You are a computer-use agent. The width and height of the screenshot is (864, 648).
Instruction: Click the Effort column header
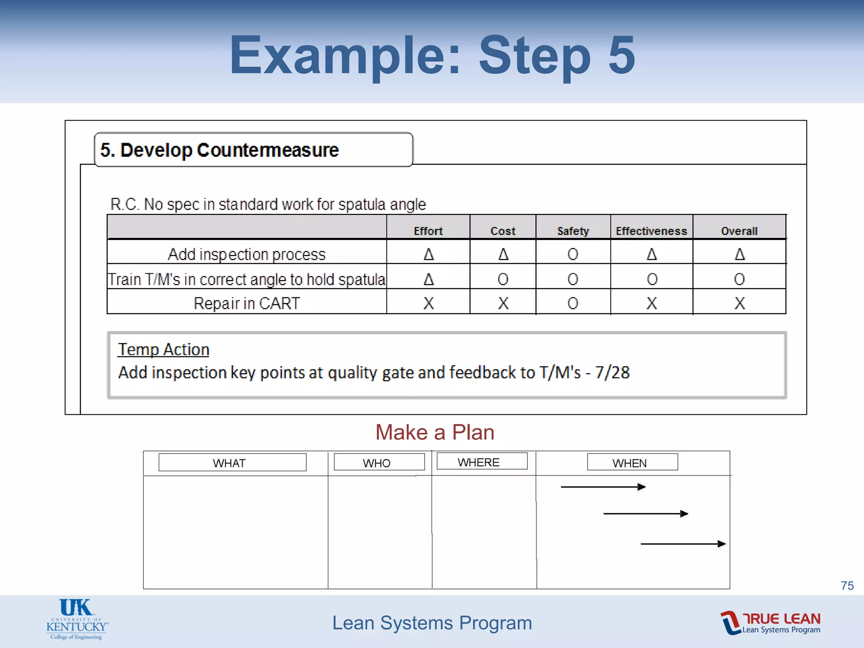point(428,231)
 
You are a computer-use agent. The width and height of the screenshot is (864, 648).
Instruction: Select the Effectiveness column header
point(651,231)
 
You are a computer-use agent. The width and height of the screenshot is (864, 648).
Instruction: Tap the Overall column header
point(739,231)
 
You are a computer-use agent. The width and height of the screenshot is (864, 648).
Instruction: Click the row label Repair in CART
point(247,303)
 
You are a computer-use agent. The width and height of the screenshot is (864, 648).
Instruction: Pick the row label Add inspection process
point(247,254)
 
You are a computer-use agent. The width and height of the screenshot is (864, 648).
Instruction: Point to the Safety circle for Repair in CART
point(572,303)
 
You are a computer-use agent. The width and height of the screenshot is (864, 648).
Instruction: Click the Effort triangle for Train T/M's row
point(429,279)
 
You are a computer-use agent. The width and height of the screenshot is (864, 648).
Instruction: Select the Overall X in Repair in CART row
point(739,303)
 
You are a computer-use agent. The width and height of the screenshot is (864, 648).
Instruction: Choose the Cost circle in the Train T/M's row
point(503,279)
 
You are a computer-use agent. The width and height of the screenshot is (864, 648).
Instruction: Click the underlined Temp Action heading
point(163,349)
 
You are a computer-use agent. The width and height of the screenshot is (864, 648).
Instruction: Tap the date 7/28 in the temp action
point(612,373)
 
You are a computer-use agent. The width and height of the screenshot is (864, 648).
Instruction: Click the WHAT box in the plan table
point(232,462)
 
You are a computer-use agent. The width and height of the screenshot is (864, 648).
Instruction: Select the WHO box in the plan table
point(379,462)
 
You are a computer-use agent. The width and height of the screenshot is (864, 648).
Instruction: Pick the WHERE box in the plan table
point(482,462)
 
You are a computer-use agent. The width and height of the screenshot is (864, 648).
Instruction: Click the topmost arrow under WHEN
point(603,487)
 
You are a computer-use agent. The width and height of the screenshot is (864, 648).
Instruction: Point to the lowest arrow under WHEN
point(683,544)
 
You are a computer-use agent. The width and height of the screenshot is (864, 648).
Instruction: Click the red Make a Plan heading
point(435,432)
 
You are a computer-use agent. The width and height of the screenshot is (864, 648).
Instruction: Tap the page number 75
point(847,586)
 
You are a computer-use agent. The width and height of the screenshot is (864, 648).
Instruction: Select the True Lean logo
point(770,623)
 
